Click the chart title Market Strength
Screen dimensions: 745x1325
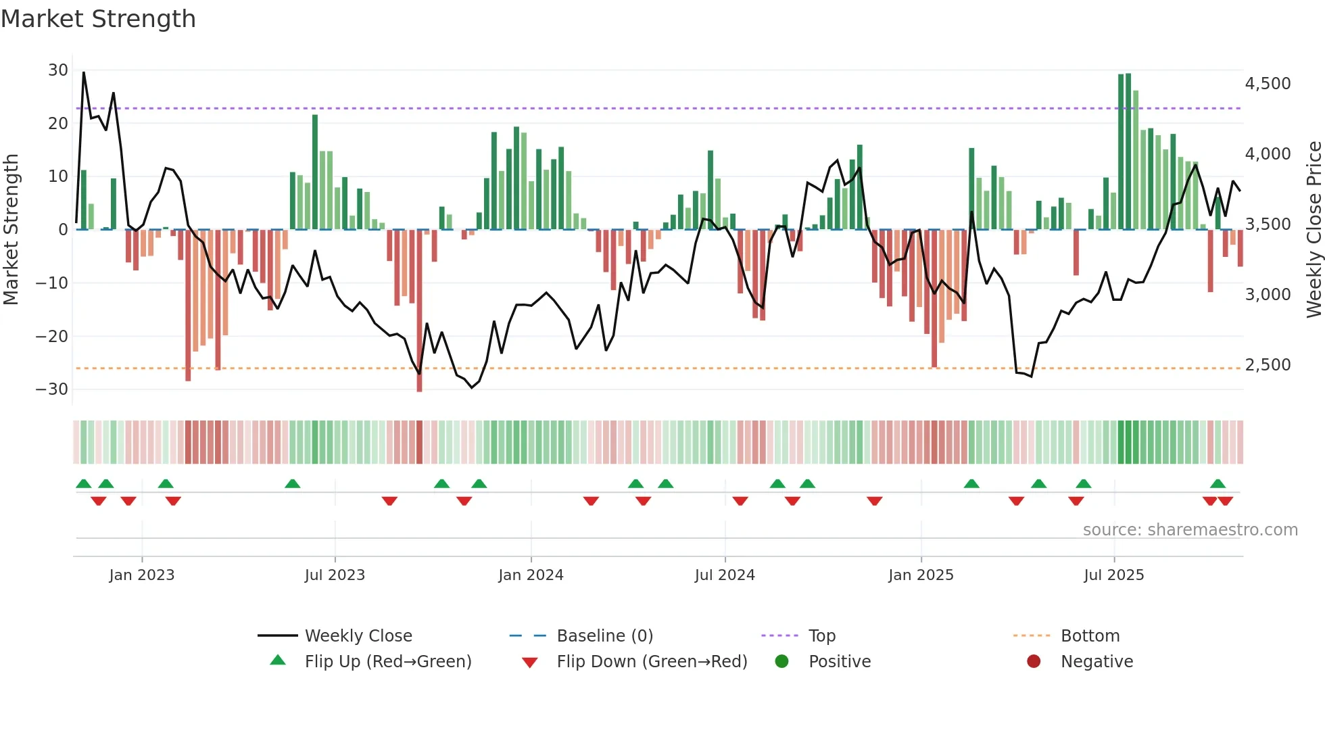click(x=98, y=19)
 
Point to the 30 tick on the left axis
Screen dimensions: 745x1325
click(x=58, y=70)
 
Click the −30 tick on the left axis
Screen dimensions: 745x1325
click(x=53, y=389)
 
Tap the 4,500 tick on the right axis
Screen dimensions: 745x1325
click(x=1268, y=84)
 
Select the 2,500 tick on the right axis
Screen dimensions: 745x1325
click(x=1268, y=365)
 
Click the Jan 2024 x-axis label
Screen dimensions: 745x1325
click(x=531, y=575)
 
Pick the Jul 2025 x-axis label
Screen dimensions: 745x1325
click(x=1113, y=575)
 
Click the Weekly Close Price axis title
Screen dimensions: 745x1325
click(x=1314, y=230)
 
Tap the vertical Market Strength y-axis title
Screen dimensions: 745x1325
click(x=11, y=230)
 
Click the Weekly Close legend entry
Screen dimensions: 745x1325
click(x=358, y=636)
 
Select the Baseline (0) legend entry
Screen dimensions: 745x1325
click(x=604, y=636)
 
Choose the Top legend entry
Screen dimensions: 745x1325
click(x=822, y=636)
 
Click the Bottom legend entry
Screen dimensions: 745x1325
click(x=1090, y=636)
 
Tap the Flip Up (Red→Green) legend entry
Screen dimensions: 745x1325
click(x=387, y=662)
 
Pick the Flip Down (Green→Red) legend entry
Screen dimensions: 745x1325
click(x=652, y=662)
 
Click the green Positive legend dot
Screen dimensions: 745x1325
click(x=782, y=662)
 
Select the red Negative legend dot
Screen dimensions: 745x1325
click(x=1034, y=662)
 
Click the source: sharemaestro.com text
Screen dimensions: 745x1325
click(x=1190, y=530)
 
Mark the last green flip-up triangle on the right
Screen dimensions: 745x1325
click(x=1218, y=484)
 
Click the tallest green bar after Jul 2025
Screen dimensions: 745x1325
click(x=1128, y=151)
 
